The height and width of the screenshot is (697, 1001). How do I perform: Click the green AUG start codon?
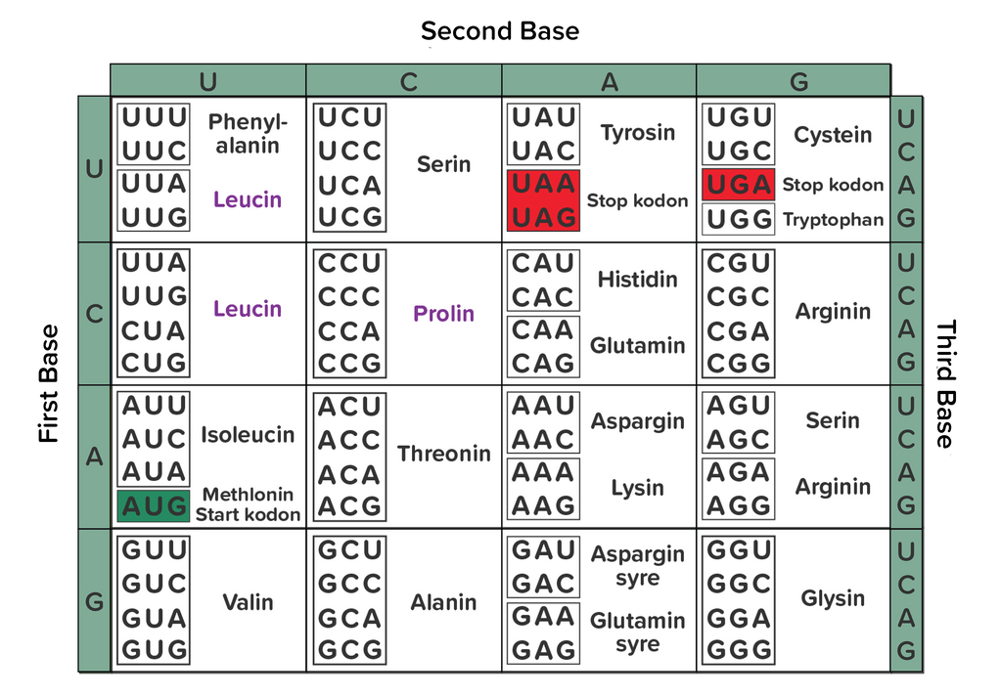[x=154, y=506]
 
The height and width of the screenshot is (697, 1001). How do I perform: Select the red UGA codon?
[x=739, y=185]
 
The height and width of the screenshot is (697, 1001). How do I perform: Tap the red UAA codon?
[x=543, y=185]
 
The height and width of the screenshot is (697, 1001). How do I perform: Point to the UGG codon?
[x=739, y=219]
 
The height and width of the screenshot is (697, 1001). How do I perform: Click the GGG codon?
[x=739, y=650]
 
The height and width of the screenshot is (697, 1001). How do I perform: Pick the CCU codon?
[x=349, y=264]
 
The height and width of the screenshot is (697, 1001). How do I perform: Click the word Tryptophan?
[x=833, y=220]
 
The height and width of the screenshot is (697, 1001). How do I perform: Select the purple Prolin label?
[x=443, y=314]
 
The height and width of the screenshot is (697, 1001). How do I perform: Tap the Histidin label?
[x=637, y=280]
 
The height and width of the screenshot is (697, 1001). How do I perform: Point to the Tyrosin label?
[x=638, y=133]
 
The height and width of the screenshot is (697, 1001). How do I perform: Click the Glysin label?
[x=833, y=598]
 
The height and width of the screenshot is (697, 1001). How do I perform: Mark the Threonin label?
[x=444, y=454]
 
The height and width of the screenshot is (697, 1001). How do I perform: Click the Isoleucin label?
[x=248, y=434]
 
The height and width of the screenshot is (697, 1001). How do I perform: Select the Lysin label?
[x=637, y=488]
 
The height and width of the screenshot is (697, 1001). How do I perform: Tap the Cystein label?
[x=833, y=135]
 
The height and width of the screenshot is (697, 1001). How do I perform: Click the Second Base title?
[x=500, y=31]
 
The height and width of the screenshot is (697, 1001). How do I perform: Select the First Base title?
[x=49, y=384]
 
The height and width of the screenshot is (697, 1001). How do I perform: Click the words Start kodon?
[x=248, y=514]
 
